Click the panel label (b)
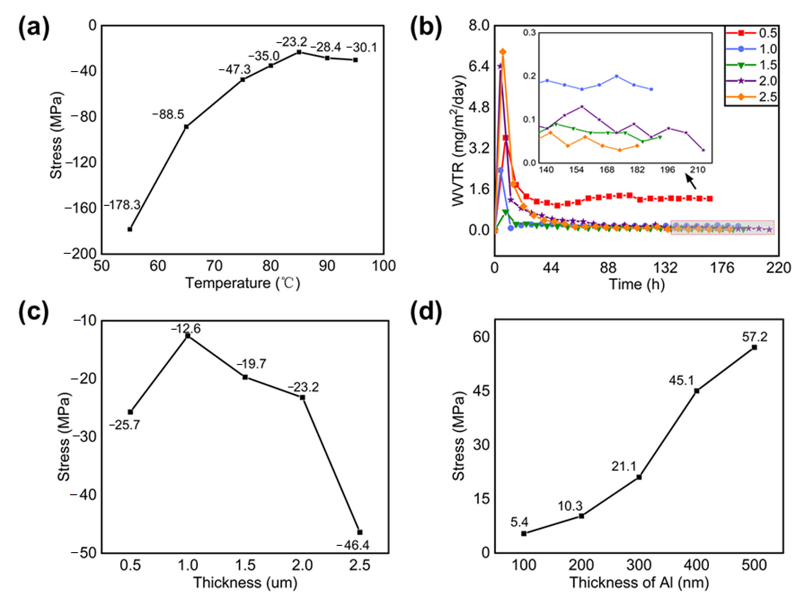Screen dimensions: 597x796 tap(426, 28)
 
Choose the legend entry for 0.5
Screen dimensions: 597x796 tap(752, 33)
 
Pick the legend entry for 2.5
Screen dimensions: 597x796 tap(752, 97)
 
